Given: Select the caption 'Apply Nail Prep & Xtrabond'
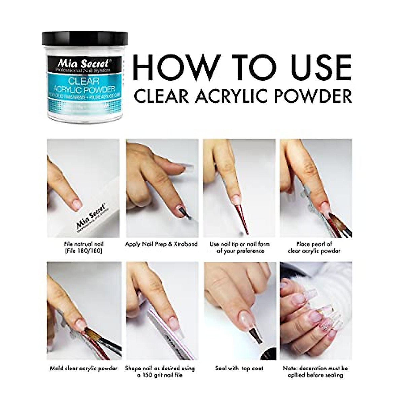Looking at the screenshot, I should click(x=161, y=244).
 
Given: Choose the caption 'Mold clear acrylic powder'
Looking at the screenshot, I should click(x=83, y=368).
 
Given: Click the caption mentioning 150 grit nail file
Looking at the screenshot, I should click(x=160, y=371).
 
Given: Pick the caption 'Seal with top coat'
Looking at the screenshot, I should click(x=239, y=368).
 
